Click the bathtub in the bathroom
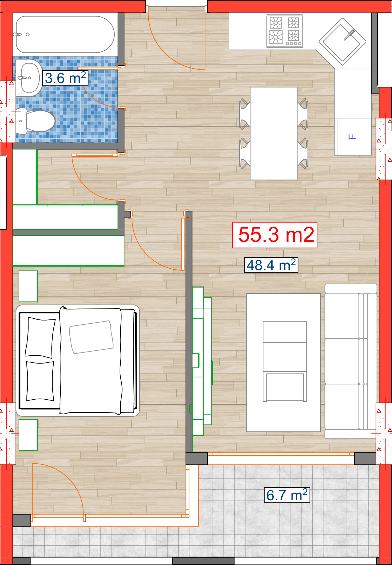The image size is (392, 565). pos(65,34)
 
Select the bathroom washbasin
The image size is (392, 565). pos(29,78)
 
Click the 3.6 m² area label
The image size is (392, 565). pos(65,78)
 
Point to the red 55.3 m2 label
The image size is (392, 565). pos(275,235)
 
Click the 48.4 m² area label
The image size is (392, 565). pos(271,265)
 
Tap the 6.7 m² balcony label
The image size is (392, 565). pos(287,495)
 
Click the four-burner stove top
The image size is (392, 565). pos(285,31)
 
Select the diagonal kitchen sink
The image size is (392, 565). pos(343,41)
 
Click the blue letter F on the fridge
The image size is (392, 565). pos(352,136)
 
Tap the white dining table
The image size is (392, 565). pos(274,133)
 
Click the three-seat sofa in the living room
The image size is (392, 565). pos(351,361)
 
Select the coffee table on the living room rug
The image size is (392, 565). pos(285,361)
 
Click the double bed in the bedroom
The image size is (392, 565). pos(78,360)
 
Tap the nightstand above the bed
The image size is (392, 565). pos(28,286)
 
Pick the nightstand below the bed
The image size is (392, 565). pos(28,435)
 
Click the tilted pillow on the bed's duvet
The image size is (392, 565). pos(91,337)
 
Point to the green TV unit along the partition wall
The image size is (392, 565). pos(202,361)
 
